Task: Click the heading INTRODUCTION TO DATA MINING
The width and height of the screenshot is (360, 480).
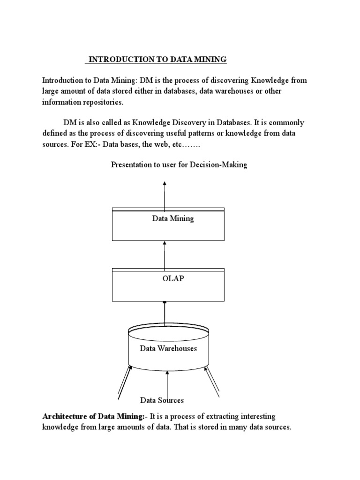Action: (157, 60)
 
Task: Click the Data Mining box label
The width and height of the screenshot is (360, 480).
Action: (172, 219)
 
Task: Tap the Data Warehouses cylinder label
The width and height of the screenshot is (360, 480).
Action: (168, 348)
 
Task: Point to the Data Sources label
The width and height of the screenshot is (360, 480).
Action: (162, 400)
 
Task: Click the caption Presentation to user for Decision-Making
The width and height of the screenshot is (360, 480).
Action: (179, 165)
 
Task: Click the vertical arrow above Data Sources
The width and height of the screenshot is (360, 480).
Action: (167, 382)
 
